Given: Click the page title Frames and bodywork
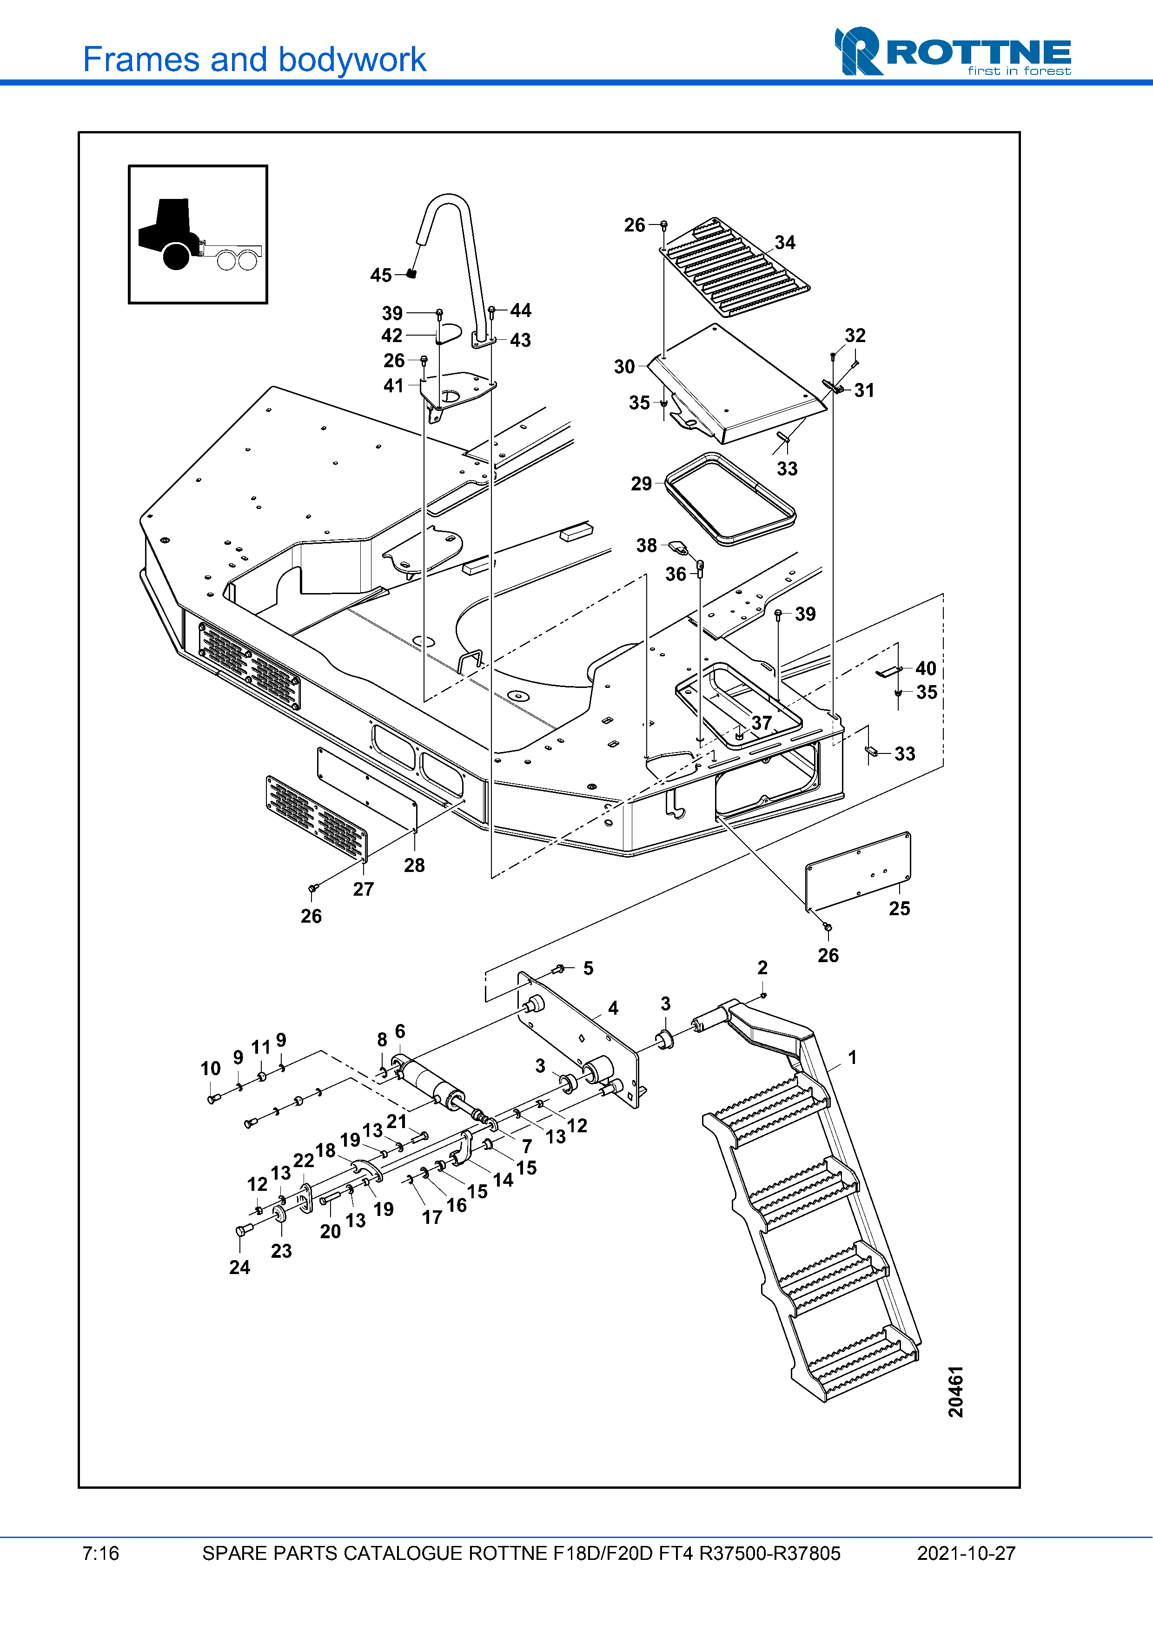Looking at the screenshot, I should [x=254, y=59].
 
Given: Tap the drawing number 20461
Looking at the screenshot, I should [x=956, y=1391].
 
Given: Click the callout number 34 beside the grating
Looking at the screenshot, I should [x=784, y=242].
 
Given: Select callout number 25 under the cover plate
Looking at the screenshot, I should [x=899, y=908].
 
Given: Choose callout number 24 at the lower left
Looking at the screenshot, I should [x=239, y=1268].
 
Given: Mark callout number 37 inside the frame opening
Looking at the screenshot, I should [x=762, y=722].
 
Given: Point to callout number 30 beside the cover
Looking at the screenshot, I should [x=624, y=367].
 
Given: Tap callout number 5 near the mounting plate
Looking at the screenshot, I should [x=588, y=968].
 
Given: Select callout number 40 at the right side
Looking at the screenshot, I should [x=925, y=668].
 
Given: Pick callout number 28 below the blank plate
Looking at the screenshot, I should [x=414, y=865].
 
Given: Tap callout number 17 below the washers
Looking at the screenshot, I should [x=432, y=1217].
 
